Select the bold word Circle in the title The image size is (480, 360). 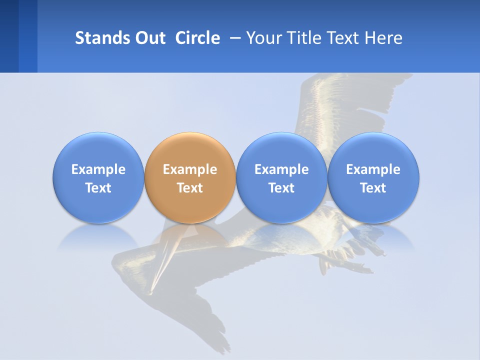[197, 38]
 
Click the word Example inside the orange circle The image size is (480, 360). [190, 169]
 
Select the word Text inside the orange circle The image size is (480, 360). [190, 188]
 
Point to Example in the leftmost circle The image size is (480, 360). [98, 169]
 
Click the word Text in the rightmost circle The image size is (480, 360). [373, 188]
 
